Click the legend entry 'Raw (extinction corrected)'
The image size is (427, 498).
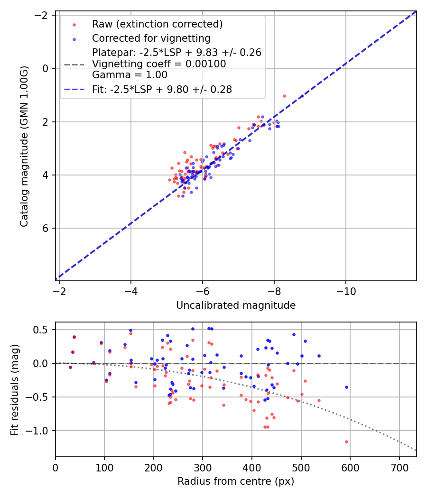pos(157,24)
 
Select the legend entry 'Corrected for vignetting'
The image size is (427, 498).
pos(151,38)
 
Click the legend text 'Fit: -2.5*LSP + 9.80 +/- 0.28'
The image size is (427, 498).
pos(162,89)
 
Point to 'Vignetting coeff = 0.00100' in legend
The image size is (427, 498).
pos(159,64)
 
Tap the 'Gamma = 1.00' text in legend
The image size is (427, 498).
pos(130,75)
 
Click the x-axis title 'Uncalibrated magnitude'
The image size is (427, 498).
pos(236,305)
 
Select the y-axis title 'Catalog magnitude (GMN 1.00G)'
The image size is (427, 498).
pos(24,146)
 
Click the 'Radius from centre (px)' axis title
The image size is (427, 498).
pos(236,481)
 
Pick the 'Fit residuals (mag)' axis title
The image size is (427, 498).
pos(15,389)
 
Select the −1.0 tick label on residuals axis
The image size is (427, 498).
pos(40,431)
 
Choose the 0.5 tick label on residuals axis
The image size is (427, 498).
pos(44,330)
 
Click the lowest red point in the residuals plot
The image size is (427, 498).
pos(346,442)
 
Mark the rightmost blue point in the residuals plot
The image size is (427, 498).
pos(346,387)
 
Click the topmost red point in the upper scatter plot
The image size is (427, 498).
pos(284,96)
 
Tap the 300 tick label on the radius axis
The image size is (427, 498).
pos(203,467)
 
